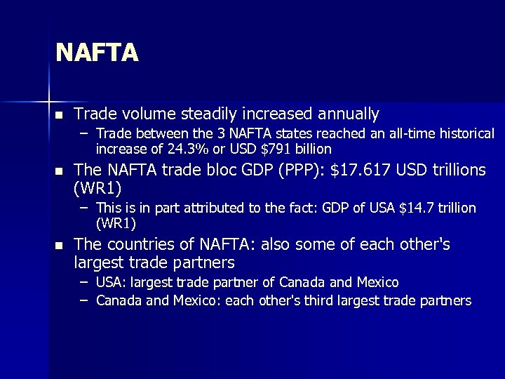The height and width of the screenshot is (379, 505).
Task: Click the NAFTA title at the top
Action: coord(97,53)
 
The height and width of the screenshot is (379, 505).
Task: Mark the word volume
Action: coord(147,114)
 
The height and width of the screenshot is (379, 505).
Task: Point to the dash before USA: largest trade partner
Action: coord(83,282)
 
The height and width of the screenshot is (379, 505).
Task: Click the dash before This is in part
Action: coord(83,208)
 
